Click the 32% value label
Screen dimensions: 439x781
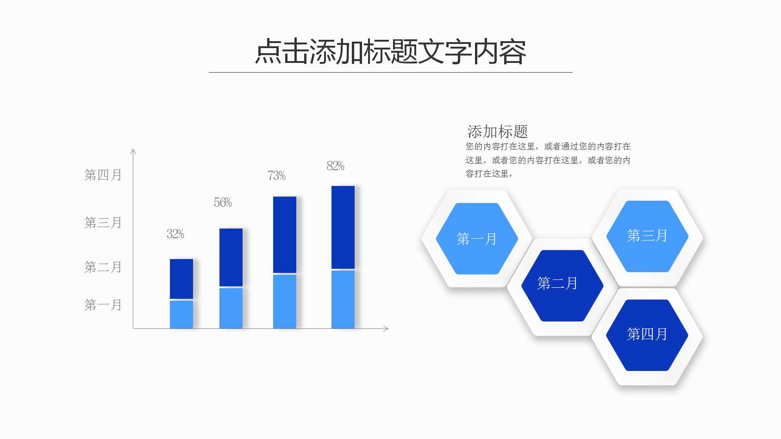click(x=175, y=234)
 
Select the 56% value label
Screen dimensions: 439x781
click(x=223, y=203)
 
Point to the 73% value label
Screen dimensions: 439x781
click(x=276, y=176)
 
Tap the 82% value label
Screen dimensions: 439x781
click(x=336, y=166)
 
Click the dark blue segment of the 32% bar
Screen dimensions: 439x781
click(x=181, y=279)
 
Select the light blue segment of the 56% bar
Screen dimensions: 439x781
click(x=231, y=308)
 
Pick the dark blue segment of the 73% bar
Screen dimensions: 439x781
click(x=285, y=235)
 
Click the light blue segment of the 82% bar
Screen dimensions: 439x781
click(x=343, y=299)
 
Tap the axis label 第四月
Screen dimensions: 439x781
click(x=103, y=175)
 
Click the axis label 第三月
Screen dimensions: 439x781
click(x=103, y=223)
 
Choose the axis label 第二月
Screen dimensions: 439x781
click(x=103, y=267)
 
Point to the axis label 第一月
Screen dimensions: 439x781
click(x=103, y=305)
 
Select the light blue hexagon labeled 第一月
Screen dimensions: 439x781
click(x=477, y=239)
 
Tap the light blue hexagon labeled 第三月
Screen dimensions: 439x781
click(x=647, y=236)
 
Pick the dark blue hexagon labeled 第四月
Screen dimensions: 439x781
click(x=647, y=335)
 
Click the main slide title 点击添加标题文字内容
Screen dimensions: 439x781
click(x=391, y=51)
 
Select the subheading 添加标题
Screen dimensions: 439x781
click(x=498, y=132)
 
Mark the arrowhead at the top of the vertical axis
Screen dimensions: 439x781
click(x=133, y=151)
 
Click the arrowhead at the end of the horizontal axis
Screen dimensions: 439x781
click(x=386, y=328)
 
